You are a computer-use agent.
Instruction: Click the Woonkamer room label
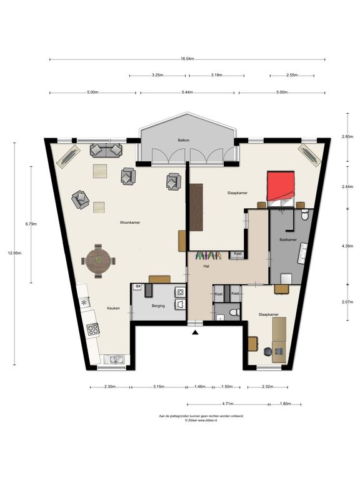click(130, 222)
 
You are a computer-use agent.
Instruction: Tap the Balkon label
click(184, 140)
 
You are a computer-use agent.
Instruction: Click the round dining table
click(98, 261)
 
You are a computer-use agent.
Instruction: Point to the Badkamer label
click(288, 240)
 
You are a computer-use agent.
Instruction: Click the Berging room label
click(158, 306)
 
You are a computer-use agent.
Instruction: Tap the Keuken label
click(113, 308)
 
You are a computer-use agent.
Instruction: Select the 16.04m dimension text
click(187, 59)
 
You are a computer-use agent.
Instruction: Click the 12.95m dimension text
click(14, 253)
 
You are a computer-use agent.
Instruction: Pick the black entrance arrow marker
click(195, 332)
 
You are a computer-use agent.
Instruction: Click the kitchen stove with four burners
click(93, 329)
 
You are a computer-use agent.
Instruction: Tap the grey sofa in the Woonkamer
click(106, 150)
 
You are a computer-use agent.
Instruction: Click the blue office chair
click(267, 351)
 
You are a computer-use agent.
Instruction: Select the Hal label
click(206, 266)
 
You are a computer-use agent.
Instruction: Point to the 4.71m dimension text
click(227, 404)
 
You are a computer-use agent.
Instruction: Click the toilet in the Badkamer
click(304, 215)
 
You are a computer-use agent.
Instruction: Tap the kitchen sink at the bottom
click(114, 359)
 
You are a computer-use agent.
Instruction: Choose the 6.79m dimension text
click(31, 224)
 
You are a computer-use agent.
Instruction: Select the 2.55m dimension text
click(292, 75)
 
